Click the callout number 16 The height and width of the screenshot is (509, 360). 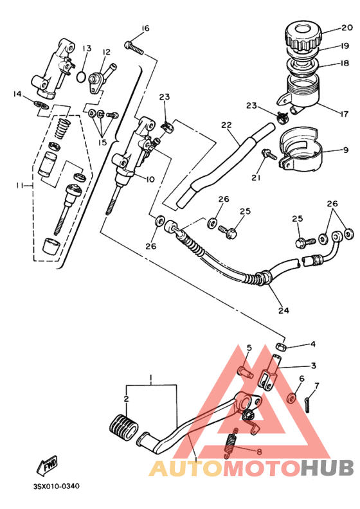tap(145, 28)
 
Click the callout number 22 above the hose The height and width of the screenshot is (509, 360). tap(225, 125)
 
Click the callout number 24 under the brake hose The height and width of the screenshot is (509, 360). tap(283, 310)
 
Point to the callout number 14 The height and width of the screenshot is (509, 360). tap(17, 94)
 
